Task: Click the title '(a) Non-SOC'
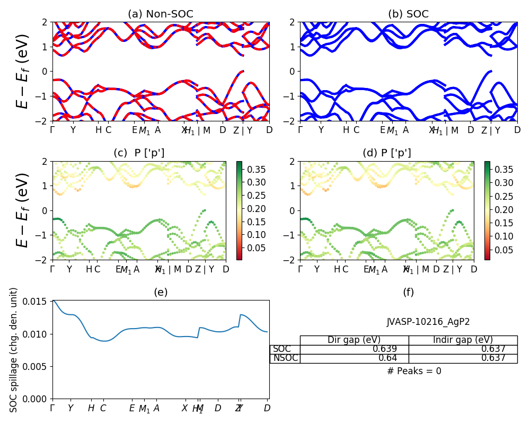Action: click(161, 14)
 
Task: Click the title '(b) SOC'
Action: click(409, 14)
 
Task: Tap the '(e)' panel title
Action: click(161, 292)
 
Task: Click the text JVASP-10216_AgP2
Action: click(428, 322)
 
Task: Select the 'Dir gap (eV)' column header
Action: click(354, 340)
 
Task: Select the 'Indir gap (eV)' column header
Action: click(463, 340)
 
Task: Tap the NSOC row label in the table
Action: click(285, 358)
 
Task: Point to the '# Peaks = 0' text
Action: click(414, 371)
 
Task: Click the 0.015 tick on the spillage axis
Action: click(38, 301)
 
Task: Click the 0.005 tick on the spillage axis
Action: click(38, 366)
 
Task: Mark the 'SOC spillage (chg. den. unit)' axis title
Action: click(14, 350)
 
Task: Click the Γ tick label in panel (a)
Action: click(52, 130)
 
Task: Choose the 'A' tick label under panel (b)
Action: click(406, 130)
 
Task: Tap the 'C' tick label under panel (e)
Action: click(103, 408)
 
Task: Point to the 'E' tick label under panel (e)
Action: click(132, 408)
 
